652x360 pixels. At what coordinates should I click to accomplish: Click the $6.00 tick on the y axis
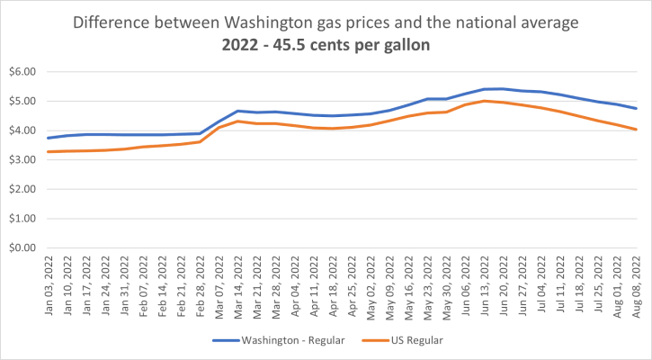(20, 71)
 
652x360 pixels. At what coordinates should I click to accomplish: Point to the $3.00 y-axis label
(20, 159)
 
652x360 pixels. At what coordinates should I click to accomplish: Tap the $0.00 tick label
(20, 247)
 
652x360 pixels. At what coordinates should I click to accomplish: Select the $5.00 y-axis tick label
(20, 101)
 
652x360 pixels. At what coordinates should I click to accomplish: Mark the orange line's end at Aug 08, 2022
(637, 130)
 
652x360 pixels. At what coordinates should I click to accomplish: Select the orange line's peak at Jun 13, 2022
(485, 101)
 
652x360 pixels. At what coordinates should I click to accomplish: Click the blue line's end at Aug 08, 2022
(637, 108)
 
